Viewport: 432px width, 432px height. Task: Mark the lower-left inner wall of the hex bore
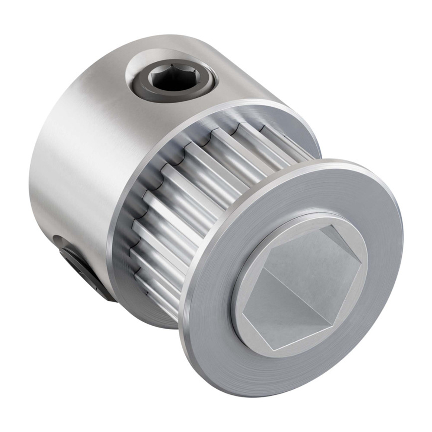pos(259,302)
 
